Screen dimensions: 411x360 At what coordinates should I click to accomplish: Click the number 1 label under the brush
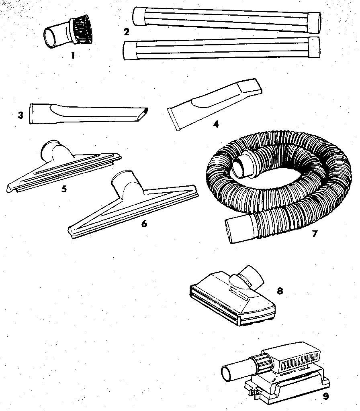click(x=72, y=56)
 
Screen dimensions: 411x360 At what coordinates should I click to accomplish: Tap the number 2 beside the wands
click(x=127, y=32)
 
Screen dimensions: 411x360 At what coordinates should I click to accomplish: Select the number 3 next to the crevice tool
click(x=20, y=115)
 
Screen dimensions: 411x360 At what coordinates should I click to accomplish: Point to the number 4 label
click(x=216, y=124)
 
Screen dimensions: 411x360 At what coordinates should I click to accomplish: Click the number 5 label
click(x=64, y=189)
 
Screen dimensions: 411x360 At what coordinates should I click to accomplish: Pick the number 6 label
click(x=144, y=224)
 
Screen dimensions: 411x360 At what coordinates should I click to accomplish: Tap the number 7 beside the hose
click(x=315, y=234)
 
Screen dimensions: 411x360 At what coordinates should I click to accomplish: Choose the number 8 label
click(x=280, y=291)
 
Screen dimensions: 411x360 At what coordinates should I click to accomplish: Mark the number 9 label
click(x=325, y=396)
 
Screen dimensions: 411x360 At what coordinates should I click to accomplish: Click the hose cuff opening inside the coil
click(x=240, y=166)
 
